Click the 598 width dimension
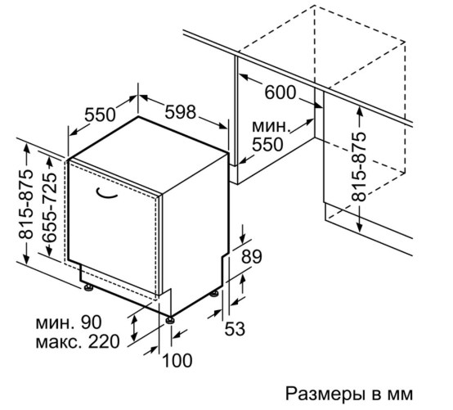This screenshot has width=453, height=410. (181, 112)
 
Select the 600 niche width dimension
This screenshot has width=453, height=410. (280, 92)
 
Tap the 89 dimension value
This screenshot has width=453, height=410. (252, 256)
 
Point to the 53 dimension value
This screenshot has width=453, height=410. (235, 329)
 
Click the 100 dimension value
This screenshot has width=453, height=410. (177, 360)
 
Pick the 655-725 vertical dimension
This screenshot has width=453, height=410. (49, 208)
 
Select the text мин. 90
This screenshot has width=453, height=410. (69, 322)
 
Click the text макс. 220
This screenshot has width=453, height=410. (78, 341)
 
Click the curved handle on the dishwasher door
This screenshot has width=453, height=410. (106, 194)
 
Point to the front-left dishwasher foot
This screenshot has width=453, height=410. (88, 288)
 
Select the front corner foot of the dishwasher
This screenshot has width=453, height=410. (169, 320)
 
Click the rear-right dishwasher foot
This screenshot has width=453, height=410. (214, 295)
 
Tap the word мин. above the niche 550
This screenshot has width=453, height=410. (271, 126)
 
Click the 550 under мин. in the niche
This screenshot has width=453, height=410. (267, 145)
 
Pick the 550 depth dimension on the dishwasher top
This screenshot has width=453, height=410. (100, 115)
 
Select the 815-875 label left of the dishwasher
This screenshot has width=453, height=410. (25, 205)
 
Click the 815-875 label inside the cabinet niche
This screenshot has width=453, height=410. (359, 166)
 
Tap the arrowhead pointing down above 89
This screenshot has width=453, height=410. (242, 239)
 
